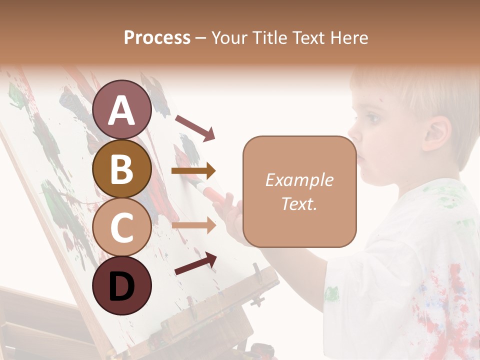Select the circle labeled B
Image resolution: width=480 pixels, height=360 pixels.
point(121,168)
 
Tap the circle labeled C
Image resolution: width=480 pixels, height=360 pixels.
point(121,227)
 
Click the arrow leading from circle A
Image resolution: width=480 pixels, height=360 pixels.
point(195,127)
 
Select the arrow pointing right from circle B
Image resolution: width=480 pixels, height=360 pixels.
point(193,171)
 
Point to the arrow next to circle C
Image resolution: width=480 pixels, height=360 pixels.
point(193,225)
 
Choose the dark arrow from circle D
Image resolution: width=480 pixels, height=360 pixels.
point(195,263)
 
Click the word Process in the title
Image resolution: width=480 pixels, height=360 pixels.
point(157,37)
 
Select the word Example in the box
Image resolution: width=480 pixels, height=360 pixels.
point(299,180)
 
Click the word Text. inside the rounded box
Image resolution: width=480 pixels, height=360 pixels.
point(299,204)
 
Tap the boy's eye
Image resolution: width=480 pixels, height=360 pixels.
point(372,118)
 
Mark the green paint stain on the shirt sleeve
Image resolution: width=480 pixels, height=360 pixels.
point(332,293)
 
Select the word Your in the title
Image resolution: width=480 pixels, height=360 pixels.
point(229,37)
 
